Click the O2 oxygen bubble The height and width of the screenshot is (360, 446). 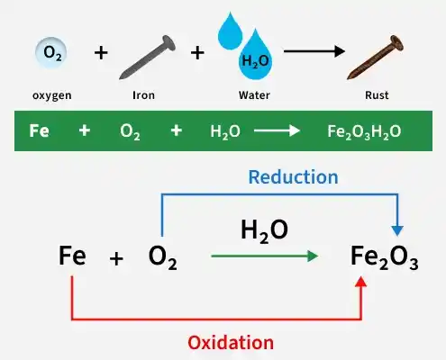[51, 52]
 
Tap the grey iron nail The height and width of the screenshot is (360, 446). [147, 58]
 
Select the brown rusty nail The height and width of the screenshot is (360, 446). [375, 58]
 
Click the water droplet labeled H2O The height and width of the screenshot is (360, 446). [255, 56]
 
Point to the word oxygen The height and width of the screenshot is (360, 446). [52, 95]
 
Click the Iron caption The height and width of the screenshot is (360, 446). [143, 95]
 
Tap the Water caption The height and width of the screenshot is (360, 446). [254, 95]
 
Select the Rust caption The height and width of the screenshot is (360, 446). [377, 95]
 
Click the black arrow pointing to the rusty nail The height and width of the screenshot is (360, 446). [314, 51]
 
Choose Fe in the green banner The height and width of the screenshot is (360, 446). [39, 130]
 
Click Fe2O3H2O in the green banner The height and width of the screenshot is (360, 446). [364, 131]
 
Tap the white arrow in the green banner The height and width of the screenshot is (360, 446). [277, 130]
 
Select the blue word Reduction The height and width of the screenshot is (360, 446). [294, 177]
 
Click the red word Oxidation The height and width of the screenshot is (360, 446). [231, 343]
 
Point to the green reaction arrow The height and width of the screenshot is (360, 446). [265, 256]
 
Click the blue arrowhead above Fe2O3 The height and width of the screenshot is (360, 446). [397, 231]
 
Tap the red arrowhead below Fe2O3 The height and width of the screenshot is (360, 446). [361, 282]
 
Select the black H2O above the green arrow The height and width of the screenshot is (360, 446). [264, 231]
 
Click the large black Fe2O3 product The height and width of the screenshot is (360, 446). [385, 258]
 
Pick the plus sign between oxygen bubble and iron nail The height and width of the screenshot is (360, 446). [101, 53]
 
